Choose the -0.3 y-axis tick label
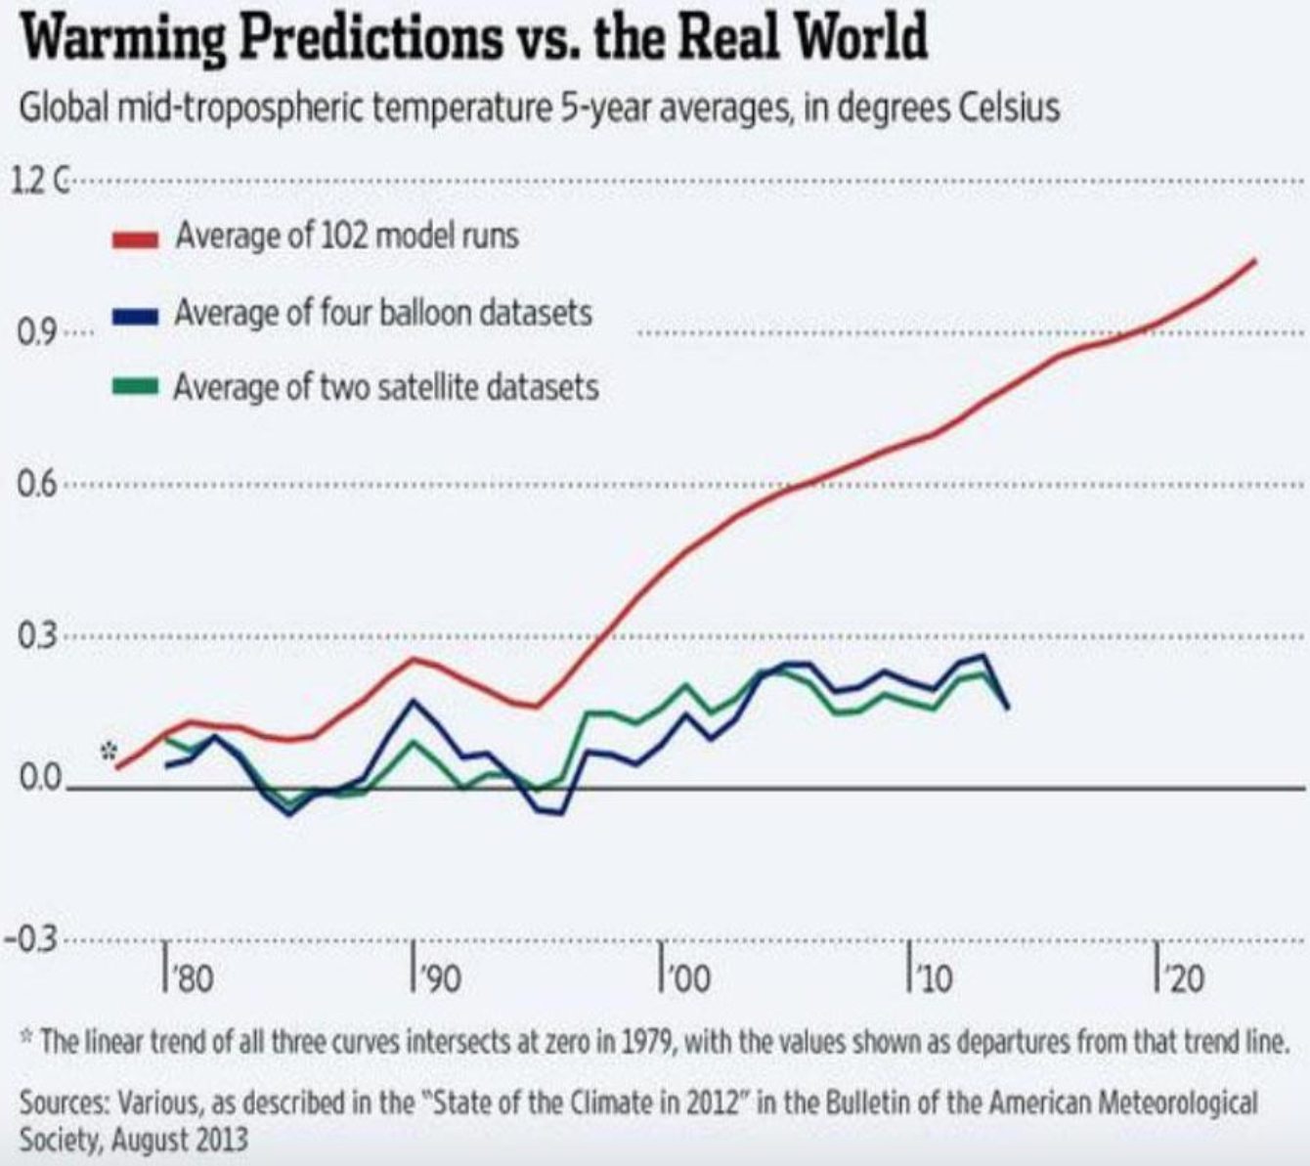click(30, 940)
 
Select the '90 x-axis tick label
click(441, 978)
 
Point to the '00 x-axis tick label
click(688, 978)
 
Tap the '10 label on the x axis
click(934, 978)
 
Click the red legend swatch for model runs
click(135, 238)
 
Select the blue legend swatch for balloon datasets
click(135, 315)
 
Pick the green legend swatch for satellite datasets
click(135, 387)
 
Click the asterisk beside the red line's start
click(109, 752)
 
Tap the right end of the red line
click(1254, 260)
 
